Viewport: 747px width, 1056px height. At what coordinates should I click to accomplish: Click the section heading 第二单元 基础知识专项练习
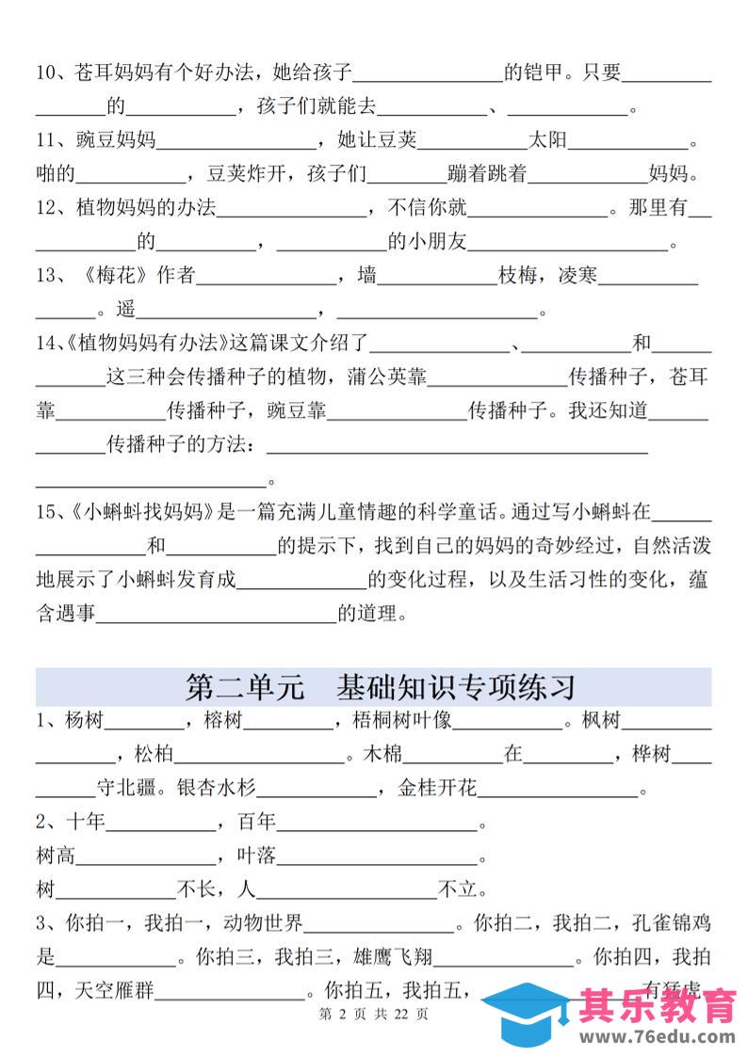coord(381,686)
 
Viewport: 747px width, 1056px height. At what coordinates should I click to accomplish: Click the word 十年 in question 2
coord(85,822)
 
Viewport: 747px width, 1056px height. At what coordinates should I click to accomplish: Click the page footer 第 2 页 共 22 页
coord(375,1015)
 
